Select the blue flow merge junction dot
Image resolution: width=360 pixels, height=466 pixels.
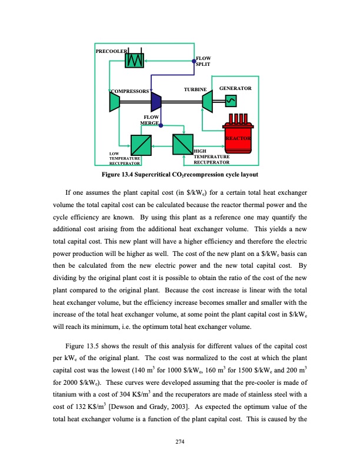coord(161,132)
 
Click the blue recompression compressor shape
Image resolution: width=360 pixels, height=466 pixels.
coord(156,102)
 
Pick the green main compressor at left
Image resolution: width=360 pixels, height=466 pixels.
coord(115,102)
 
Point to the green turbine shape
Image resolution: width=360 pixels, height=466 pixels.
coord(207,102)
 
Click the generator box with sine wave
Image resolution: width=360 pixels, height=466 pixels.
coord(230,101)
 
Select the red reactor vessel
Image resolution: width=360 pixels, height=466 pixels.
coord(238,134)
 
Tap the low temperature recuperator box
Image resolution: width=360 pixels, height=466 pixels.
coord(141,144)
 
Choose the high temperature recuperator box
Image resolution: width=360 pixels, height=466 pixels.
coord(182,144)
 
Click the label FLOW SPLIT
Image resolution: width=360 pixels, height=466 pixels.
coord(203,61)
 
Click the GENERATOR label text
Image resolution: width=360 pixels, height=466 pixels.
coord(235,88)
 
